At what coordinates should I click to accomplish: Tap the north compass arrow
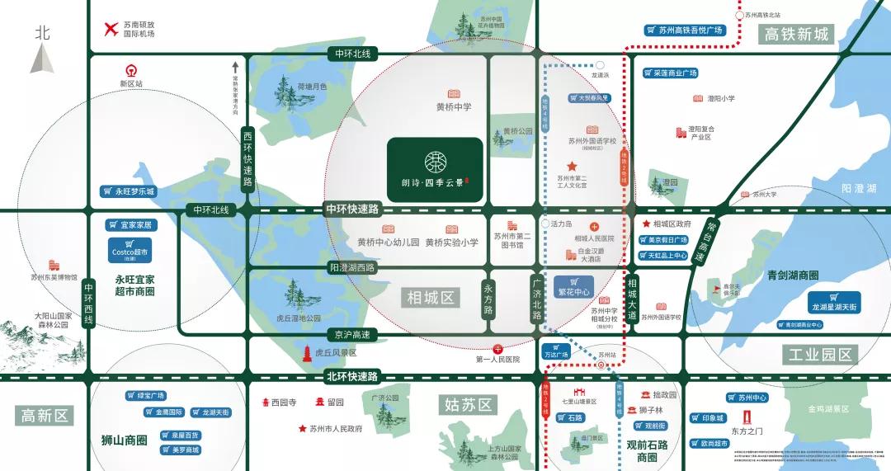(43, 58)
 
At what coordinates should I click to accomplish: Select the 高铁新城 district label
(796, 34)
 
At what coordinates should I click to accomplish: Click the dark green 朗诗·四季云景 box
(435, 169)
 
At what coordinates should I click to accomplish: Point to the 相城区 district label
(431, 297)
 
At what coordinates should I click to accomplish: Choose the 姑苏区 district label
(468, 404)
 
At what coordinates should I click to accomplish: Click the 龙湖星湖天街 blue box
(834, 302)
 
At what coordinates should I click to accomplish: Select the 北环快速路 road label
(351, 377)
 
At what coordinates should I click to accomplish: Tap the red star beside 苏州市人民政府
(303, 429)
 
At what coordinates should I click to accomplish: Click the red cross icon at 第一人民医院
(497, 349)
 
